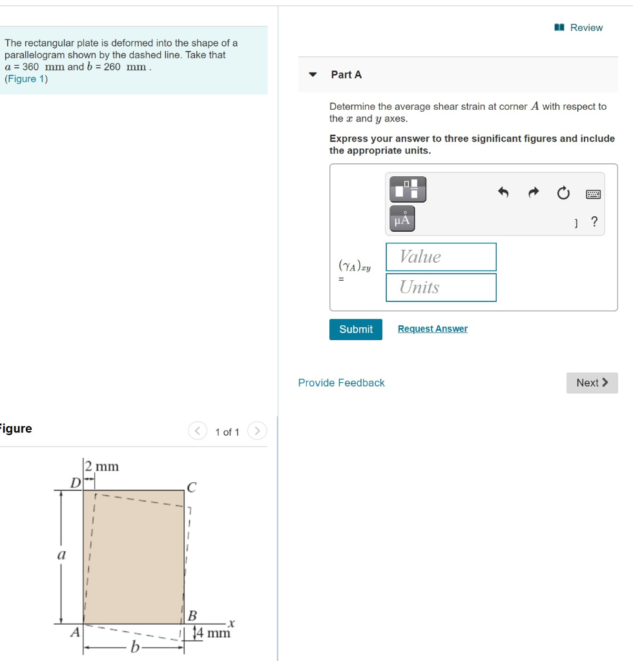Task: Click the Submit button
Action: coord(355,329)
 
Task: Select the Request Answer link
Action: coord(432,329)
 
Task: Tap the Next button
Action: coord(592,383)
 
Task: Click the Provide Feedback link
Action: coord(341,383)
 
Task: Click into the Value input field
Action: coord(441,257)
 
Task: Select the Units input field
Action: coord(441,287)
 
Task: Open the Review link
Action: coord(579,28)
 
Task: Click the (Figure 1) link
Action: coord(26,79)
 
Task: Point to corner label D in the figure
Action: coord(76,482)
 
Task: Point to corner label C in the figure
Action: coord(191,486)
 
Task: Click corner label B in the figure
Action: coord(192,615)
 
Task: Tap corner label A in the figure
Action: coord(75,633)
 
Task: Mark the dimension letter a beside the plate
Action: coord(62,554)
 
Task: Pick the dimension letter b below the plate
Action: coord(135,647)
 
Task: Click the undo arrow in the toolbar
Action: coord(504,192)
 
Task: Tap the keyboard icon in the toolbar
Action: coord(593,194)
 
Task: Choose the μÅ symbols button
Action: coord(402,219)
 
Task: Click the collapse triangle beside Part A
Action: coord(313,75)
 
